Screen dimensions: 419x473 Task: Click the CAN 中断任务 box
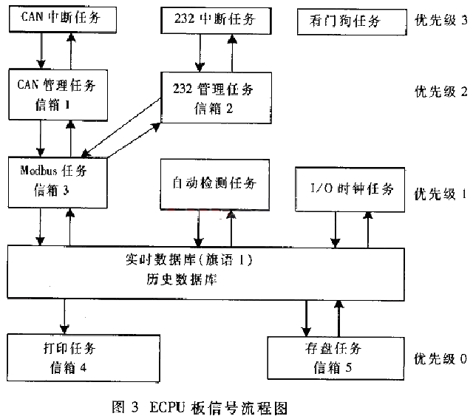62,19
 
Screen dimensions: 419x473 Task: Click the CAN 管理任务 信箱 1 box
62,94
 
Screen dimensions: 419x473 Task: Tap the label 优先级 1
440,194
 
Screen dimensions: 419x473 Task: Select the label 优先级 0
440,359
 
